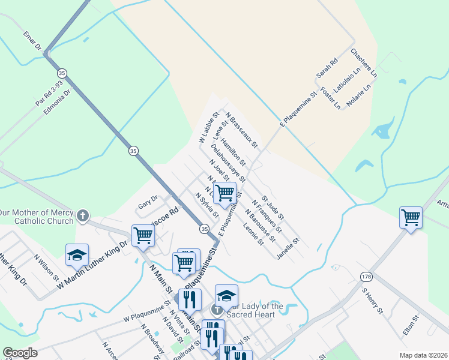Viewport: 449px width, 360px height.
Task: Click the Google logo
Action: (x=20, y=353)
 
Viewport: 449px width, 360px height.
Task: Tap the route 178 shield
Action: (x=367, y=276)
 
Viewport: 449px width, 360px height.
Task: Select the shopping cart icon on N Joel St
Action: (x=224, y=193)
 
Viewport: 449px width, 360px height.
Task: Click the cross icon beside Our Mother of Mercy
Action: (x=83, y=215)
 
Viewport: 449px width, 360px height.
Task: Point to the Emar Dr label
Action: (x=32, y=41)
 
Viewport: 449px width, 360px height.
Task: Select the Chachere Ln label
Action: (x=364, y=64)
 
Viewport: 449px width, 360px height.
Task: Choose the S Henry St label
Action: (x=372, y=301)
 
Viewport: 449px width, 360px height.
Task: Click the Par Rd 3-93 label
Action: (x=49, y=94)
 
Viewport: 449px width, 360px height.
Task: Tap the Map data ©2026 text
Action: (x=424, y=355)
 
